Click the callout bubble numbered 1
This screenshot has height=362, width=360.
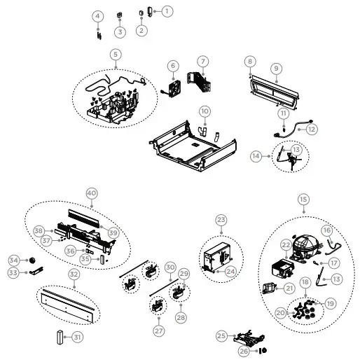tap(167, 11)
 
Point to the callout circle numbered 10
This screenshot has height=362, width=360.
tap(204, 111)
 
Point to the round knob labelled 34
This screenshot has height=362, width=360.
tap(32, 260)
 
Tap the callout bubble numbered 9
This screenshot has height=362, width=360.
tap(277, 68)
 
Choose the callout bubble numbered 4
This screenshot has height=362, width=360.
tap(98, 15)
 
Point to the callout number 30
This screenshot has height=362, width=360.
tap(169, 267)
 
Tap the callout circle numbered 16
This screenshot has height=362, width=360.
tap(327, 230)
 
